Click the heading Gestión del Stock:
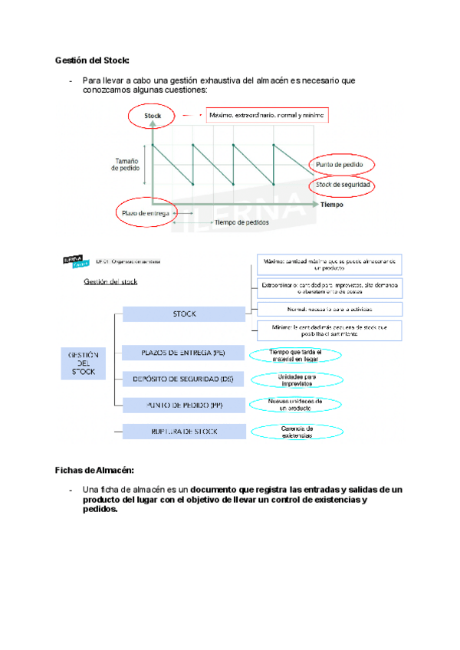point(92,60)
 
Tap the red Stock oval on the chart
point(153,117)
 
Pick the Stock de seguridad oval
point(343,185)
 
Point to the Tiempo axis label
point(332,205)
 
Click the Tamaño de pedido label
point(127,166)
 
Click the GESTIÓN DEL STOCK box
point(84,363)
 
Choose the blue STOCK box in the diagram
point(184,314)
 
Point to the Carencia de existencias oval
point(295,432)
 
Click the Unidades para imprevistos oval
point(295,379)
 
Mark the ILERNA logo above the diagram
point(74,261)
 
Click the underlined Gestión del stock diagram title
point(110,282)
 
